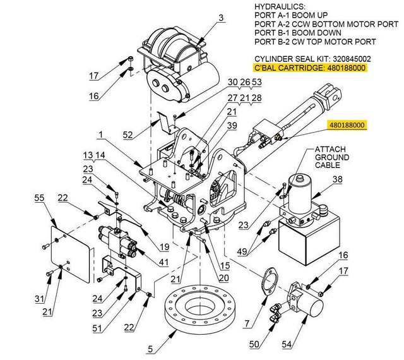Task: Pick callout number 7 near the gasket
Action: click(x=246, y=323)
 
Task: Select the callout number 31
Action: click(x=40, y=299)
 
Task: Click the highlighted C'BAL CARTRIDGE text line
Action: click(x=309, y=68)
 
